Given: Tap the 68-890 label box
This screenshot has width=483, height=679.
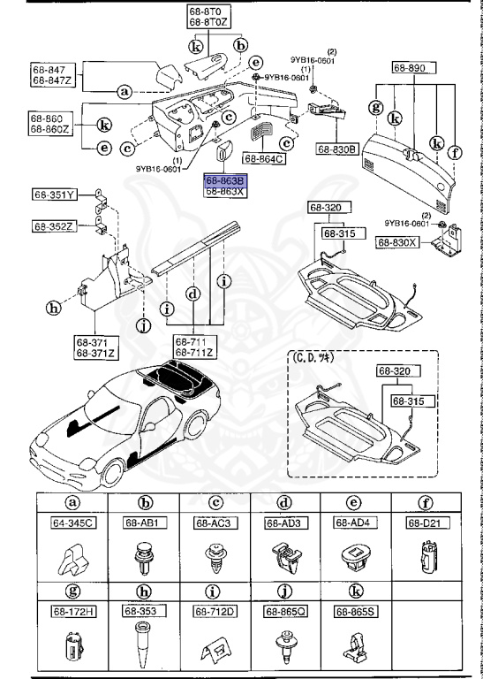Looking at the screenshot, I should click(411, 67).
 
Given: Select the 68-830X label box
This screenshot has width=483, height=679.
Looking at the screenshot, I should click(399, 241).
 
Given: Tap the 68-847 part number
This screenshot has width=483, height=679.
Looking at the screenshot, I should click(49, 70).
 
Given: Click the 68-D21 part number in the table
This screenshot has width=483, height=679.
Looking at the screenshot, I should click(423, 523).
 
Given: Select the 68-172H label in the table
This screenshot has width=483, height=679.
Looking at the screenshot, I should click(72, 610).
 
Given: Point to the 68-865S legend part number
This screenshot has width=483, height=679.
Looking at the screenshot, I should click(353, 610).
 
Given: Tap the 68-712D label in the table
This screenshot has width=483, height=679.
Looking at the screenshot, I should click(213, 610).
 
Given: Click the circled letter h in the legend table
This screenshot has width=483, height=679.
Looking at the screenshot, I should click(142, 591).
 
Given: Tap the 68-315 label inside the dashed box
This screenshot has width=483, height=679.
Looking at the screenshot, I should click(407, 401).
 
